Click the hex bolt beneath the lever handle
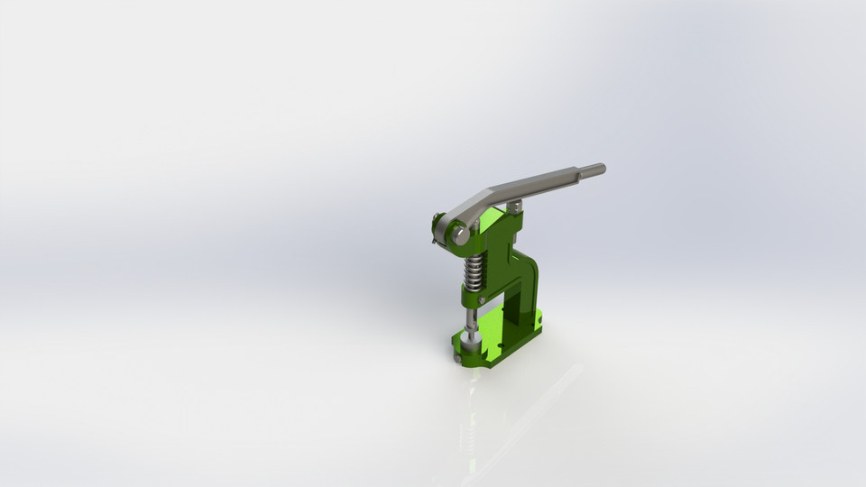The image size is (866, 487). (514, 207)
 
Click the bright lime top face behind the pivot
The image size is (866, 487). (492, 219)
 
